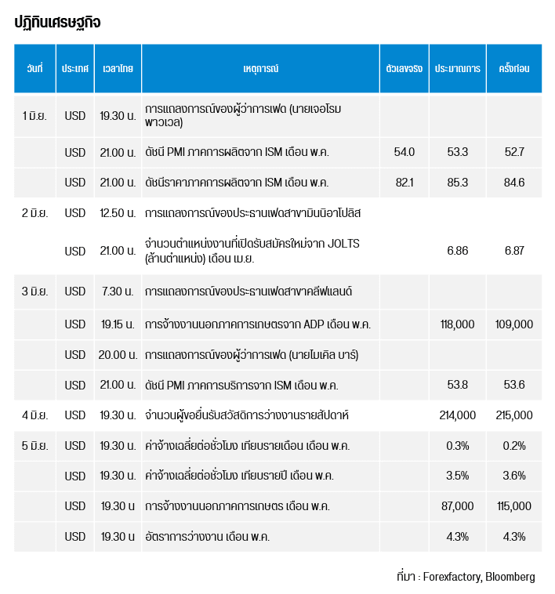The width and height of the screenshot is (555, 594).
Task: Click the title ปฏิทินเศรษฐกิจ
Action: (57, 22)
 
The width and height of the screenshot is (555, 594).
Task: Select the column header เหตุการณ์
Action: (260, 68)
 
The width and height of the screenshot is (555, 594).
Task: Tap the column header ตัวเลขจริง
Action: (404, 68)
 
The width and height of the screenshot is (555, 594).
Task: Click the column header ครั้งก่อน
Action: (514, 68)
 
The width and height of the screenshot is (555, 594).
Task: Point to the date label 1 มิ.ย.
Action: (34, 115)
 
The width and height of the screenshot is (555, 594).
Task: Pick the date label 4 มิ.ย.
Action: (34, 415)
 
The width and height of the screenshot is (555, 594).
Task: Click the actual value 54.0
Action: (404, 152)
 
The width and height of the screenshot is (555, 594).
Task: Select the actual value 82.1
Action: (404, 183)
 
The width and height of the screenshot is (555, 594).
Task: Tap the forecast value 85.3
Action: (458, 183)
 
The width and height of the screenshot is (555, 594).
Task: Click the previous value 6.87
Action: (514, 251)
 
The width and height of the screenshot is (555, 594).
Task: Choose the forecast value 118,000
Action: (457, 324)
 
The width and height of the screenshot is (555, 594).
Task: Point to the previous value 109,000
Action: (514, 324)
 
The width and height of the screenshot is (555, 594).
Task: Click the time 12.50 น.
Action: (118, 213)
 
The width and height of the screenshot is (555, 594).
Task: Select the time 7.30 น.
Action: (118, 292)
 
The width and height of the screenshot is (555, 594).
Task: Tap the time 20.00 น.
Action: (118, 354)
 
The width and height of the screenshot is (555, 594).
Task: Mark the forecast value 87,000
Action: (457, 506)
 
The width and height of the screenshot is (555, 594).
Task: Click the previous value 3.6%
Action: (514, 476)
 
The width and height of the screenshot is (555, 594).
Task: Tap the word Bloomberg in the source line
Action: (510, 577)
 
